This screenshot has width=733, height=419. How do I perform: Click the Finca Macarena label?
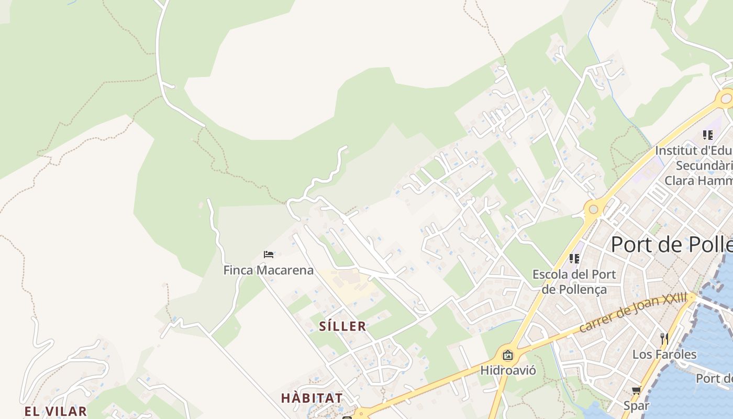(x=269, y=270)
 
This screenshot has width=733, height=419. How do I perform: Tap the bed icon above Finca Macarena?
(x=269, y=255)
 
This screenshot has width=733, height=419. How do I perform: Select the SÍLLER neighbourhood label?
(x=343, y=326)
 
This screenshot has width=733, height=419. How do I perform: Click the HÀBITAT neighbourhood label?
(x=312, y=398)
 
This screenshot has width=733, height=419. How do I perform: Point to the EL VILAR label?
(x=55, y=411)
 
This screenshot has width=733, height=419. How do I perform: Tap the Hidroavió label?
(x=508, y=370)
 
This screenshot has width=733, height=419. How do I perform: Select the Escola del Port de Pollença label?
(x=574, y=282)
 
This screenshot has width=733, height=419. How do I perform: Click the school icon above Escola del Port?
(x=574, y=258)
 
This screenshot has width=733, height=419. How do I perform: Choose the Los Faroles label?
(x=664, y=355)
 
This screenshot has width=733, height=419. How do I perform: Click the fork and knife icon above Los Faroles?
(x=664, y=338)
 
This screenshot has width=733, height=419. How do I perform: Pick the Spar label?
(x=636, y=405)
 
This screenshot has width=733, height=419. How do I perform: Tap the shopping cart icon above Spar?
(x=637, y=390)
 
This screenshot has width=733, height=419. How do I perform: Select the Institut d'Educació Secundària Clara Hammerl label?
(x=694, y=166)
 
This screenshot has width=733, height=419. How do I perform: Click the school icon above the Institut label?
(x=708, y=135)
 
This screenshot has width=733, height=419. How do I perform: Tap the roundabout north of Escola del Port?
(x=593, y=210)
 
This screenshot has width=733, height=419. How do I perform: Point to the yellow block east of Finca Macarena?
(x=348, y=285)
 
